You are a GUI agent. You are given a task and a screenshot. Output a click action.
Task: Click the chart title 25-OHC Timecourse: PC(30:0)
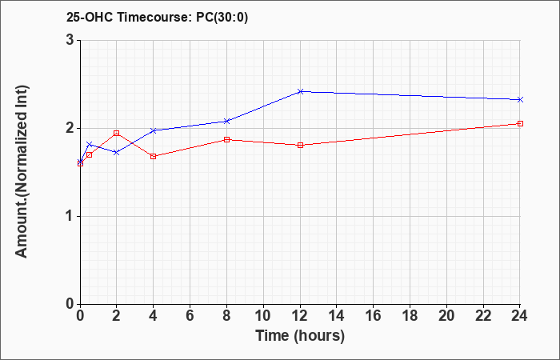[157, 17]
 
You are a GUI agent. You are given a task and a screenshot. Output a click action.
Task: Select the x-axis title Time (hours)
[300, 336]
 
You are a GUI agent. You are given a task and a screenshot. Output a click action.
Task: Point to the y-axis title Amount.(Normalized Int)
[22, 171]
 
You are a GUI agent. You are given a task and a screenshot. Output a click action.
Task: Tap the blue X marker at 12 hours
[300, 92]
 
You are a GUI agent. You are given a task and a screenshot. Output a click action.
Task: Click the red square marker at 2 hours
[117, 134]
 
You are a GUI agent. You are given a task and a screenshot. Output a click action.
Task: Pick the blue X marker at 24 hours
[520, 100]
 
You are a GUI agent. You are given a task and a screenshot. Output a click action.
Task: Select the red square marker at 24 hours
[520, 123]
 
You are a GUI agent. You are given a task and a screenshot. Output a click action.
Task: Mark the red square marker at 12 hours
[300, 145]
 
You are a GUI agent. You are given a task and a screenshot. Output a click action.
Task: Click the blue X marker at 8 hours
[226, 121]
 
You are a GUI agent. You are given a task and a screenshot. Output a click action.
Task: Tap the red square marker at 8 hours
[226, 139]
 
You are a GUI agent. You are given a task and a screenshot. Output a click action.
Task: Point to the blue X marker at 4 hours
[154, 130]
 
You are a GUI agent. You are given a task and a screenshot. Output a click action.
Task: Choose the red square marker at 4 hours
[154, 157]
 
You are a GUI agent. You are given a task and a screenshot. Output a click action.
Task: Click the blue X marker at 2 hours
[117, 153]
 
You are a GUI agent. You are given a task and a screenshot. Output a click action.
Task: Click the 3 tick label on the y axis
[70, 40]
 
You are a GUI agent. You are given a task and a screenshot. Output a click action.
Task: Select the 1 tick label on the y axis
[70, 217]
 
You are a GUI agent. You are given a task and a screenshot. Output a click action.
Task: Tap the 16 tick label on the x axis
[374, 316]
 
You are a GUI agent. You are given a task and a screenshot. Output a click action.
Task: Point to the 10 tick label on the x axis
[263, 316]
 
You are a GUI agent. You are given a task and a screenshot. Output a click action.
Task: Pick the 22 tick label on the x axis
[483, 316]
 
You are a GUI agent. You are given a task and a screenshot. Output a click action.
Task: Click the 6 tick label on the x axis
[190, 316]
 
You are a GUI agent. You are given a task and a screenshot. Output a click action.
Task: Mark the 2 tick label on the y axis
[70, 128]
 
